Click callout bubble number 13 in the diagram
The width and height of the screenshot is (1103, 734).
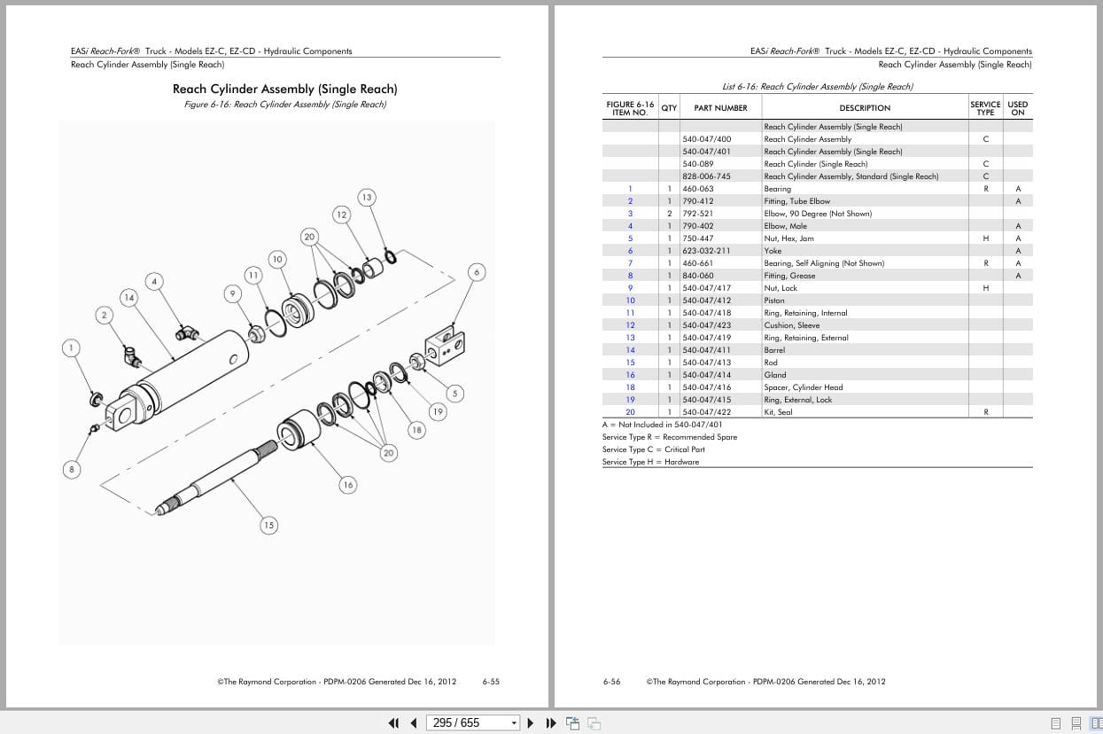tap(366, 197)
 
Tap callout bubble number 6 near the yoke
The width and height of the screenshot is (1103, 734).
tap(477, 272)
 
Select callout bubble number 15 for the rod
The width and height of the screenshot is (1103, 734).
tap(268, 526)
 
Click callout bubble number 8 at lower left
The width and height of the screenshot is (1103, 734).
tap(72, 469)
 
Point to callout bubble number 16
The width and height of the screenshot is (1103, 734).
tap(347, 484)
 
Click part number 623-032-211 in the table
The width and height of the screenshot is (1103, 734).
tap(707, 251)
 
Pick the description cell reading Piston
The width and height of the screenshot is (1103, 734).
tap(773, 301)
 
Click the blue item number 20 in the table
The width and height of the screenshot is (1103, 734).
tap(630, 412)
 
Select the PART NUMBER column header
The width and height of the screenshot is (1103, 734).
tap(720, 108)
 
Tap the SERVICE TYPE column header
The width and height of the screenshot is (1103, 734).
tap(985, 108)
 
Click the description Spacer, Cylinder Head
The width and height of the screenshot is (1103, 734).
tap(804, 387)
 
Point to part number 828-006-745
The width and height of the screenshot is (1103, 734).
tap(706, 176)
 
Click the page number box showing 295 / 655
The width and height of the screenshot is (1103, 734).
tap(471, 722)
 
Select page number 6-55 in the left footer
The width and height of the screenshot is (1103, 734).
tap(491, 682)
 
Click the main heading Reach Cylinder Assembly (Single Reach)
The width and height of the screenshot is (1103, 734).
tap(284, 89)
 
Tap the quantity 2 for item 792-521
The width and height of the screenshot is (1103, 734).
tap(669, 214)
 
